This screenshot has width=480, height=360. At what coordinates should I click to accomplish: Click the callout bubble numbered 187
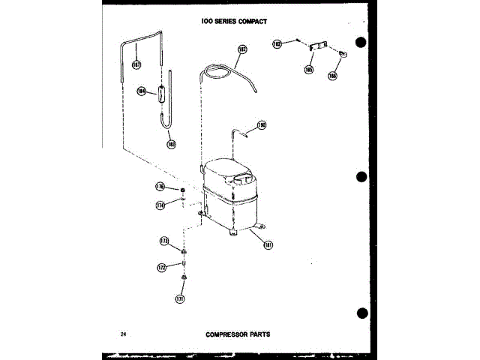click(136, 64)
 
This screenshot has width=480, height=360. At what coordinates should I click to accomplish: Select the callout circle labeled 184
click(141, 91)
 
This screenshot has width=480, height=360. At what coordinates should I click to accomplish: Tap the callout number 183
click(171, 143)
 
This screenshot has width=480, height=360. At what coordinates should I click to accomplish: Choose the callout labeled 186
click(331, 75)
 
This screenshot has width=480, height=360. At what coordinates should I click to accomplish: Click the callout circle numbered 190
click(262, 125)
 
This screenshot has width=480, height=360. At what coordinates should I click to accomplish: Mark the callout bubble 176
click(160, 186)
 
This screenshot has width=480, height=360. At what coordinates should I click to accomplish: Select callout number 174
click(160, 204)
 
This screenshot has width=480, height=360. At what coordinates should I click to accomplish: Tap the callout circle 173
click(163, 241)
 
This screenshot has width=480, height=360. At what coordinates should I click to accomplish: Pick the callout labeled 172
click(161, 267)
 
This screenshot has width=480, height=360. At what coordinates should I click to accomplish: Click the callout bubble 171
click(179, 299)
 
